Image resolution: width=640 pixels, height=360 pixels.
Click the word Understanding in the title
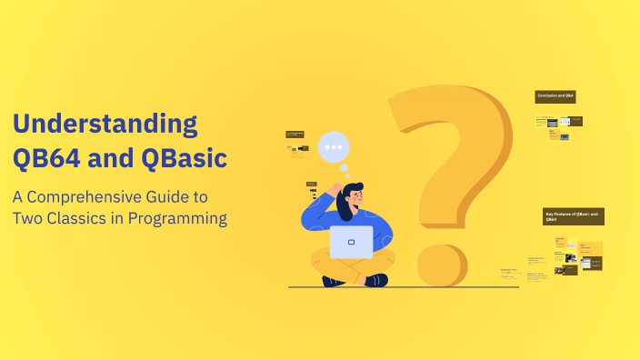[105, 125]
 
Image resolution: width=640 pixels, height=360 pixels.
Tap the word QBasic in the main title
[183, 157]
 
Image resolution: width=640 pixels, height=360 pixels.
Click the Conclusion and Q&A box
[555, 95]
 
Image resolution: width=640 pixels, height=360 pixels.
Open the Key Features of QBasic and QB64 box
[573, 216]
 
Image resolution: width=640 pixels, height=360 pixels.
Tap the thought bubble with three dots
[335, 147]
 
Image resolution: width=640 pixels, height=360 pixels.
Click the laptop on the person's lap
[351, 242]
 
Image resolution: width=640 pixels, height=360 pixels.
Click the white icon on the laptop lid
[351, 242]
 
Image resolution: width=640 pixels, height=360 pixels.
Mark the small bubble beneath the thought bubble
[344, 168]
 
